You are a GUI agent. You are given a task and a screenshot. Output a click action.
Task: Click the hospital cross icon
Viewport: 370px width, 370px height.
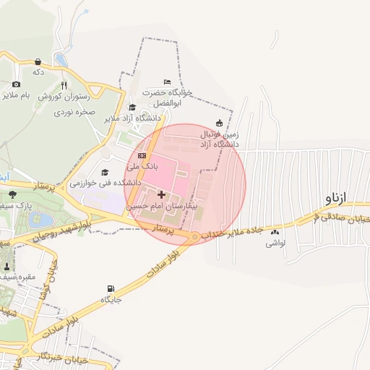[160, 194]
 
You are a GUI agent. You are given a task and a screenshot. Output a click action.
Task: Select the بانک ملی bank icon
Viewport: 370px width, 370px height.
[142, 155]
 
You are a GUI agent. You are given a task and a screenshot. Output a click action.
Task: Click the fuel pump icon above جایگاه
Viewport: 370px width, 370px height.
[111, 288]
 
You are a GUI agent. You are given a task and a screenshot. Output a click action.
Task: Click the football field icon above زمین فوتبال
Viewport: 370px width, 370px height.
[220, 122]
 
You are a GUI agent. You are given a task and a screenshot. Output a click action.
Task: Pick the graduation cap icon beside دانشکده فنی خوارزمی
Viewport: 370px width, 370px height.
[106, 172]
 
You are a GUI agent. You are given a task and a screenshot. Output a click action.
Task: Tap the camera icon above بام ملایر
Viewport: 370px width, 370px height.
[16, 84]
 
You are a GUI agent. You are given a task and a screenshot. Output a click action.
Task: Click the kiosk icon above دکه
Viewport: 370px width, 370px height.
[38, 62]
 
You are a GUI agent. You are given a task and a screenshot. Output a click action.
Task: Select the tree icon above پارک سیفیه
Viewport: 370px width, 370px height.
[12, 194]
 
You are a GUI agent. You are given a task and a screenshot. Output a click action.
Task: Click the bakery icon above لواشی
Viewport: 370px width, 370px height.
[275, 233]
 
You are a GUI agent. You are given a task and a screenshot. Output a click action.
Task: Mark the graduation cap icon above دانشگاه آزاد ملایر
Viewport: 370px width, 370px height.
[132, 107]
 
